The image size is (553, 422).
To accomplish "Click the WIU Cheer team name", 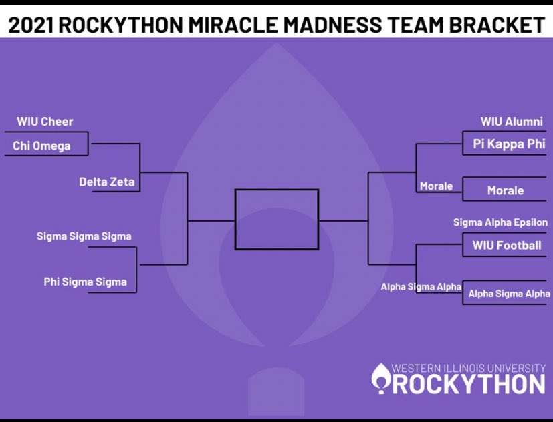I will pos(45,122).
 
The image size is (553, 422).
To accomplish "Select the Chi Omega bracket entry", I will pos(41,146).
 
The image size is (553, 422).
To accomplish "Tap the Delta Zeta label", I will pos(106,182).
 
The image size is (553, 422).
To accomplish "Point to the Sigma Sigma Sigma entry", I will pos(84,236).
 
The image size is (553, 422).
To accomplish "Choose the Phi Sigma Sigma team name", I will pos(85,282).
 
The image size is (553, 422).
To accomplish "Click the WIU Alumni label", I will pos(512,122).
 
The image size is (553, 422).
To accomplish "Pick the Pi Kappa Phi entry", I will pos(509,144).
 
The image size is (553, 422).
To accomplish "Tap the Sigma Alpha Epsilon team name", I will pos(500,222).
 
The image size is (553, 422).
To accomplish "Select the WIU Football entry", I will pos(507,245).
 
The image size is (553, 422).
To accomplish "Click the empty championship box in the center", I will pos(276,219).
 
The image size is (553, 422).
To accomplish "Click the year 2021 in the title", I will pos(31,25).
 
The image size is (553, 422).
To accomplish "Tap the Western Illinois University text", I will pos(468,368).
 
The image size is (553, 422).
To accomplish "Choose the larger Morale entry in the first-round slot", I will pos(505,190).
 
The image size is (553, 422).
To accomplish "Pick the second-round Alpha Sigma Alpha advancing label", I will pos(421,286).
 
